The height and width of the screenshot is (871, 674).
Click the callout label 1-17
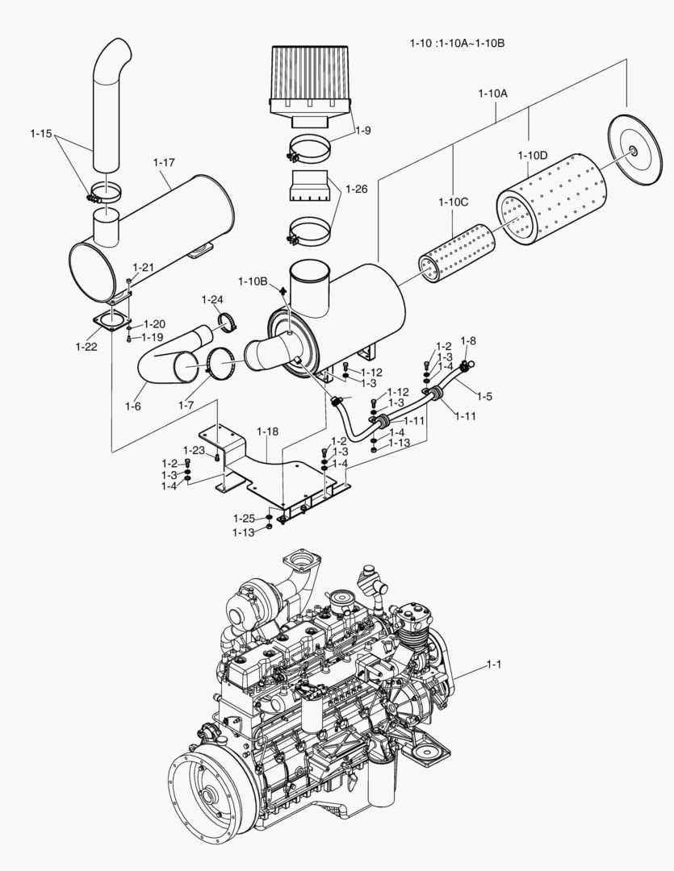(164, 162)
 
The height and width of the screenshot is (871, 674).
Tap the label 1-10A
(492, 94)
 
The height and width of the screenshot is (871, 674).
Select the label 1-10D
(533, 155)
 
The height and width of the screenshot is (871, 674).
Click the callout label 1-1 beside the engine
(494, 665)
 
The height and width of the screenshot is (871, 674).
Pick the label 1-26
(356, 189)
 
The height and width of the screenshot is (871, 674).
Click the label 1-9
(362, 130)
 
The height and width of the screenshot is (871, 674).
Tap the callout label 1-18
(267, 432)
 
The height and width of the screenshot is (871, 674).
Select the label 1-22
(87, 347)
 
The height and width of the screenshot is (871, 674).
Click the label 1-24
(212, 300)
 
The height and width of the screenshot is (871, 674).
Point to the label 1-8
(468, 340)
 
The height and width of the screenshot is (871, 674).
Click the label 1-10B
(253, 281)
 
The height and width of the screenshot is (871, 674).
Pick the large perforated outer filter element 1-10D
(546, 206)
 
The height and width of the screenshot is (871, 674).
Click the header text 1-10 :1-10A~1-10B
(458, 42)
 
